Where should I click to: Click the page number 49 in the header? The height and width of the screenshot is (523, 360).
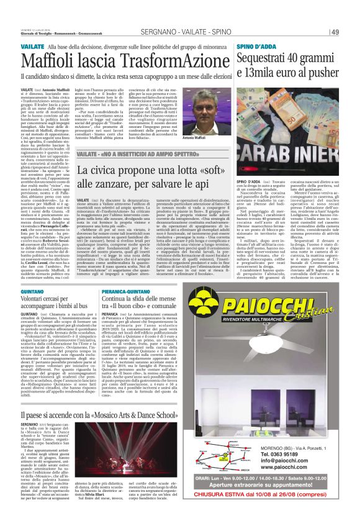click(335, 32)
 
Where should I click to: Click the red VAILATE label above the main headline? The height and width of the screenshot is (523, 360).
click(32, 46)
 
